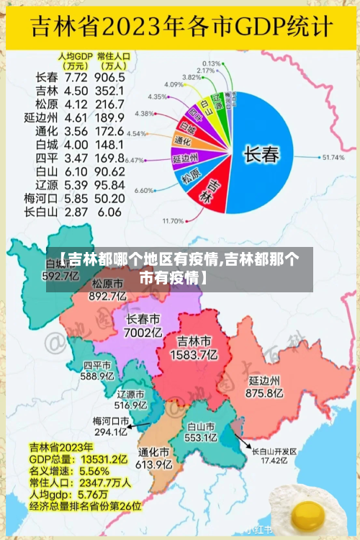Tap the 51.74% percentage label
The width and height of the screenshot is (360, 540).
333,157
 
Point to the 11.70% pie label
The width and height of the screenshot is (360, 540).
174,220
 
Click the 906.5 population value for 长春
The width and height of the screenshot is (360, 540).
110,77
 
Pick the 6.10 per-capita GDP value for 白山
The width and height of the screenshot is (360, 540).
76,171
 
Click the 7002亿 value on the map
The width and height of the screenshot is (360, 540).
143,333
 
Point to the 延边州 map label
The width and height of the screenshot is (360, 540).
264,379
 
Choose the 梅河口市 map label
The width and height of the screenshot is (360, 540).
110,420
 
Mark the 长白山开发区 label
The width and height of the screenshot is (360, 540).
274,451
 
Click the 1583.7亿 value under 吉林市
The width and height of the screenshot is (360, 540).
194,354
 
